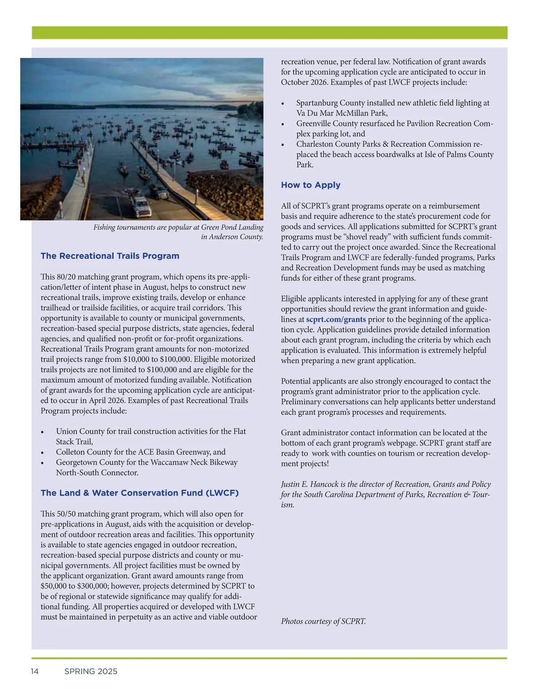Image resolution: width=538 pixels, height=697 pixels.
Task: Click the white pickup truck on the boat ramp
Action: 140,206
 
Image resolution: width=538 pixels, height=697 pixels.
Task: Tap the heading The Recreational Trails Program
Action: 110,256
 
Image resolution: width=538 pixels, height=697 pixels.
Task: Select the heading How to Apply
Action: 311,185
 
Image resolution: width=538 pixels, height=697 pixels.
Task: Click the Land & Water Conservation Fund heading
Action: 139,493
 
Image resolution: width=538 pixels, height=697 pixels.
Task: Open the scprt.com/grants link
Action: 336,320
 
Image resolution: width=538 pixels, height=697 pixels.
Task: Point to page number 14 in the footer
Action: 35,671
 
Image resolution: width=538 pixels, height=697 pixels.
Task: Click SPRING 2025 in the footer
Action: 91,671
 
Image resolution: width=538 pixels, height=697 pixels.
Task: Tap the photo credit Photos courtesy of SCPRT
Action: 323,622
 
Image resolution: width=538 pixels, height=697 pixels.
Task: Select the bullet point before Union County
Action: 43,432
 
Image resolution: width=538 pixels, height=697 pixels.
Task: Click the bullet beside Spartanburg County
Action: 283,104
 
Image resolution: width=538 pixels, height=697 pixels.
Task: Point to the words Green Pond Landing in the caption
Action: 232,227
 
